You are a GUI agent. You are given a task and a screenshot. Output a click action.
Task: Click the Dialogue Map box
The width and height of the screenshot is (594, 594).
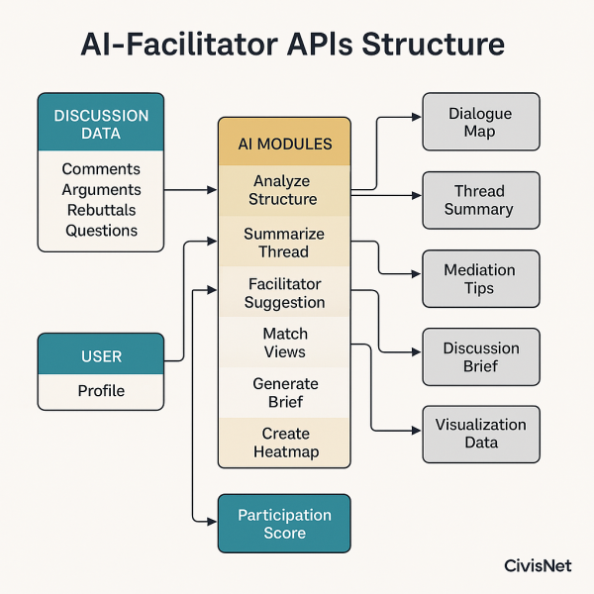coord(480,122)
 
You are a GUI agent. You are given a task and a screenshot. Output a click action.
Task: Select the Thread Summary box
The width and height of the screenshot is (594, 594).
coord(480,200)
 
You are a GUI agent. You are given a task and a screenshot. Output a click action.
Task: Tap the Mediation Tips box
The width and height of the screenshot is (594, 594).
coord(480,279)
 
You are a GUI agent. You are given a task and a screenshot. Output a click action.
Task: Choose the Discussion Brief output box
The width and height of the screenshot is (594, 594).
coord(480,356)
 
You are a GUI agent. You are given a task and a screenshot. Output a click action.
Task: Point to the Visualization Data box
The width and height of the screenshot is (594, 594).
coord(480,434)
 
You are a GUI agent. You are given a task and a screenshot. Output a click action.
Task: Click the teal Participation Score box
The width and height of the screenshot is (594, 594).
coord(284,523)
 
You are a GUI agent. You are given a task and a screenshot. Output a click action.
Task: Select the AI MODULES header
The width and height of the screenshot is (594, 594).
coord(285,144)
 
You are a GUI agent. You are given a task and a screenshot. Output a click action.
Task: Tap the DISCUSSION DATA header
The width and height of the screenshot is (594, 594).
coord(101,123)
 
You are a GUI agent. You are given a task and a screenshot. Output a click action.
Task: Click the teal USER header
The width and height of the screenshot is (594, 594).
coord(101,355)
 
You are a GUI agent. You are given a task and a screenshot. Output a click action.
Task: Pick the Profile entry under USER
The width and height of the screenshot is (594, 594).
coord(101,391)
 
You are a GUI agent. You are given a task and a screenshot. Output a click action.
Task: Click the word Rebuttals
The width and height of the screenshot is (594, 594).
coord(101,210)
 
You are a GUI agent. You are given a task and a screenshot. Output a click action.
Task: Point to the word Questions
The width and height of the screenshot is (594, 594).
coord(101,231)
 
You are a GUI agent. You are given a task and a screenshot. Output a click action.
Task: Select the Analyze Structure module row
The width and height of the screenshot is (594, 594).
coord(284,190)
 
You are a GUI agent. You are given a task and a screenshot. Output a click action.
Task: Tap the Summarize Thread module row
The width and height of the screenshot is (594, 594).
coord(284,243)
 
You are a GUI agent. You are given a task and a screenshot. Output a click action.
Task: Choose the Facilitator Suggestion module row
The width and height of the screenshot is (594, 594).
coord(284,292)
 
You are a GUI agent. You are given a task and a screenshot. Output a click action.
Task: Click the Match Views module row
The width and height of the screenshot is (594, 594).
coord(284,343)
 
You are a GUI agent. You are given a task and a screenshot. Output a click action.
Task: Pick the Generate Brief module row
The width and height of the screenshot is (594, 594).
coord(284,392)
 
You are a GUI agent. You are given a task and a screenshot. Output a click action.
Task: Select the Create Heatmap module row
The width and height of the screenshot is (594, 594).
coord(284,443)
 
